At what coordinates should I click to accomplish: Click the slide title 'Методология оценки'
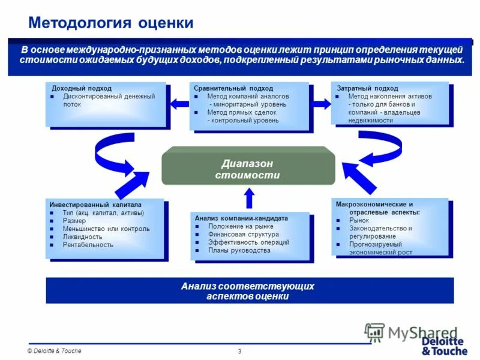coord(111,23)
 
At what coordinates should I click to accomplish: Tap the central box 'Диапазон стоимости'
coord(247,169)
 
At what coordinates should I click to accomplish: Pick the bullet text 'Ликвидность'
coord(83,236)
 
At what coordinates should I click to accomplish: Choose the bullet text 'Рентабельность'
coord(88,245)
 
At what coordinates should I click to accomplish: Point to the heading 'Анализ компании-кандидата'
coord(241,218)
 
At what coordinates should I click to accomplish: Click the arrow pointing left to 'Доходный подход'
coord(179,103)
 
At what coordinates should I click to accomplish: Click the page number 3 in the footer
coord(239,351)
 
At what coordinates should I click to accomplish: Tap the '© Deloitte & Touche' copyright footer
coord(54,351)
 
